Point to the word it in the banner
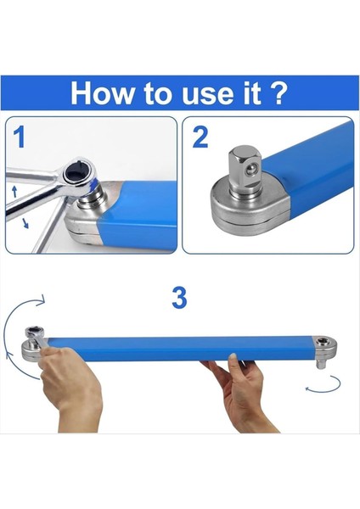247,92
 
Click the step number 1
19,137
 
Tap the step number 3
179,298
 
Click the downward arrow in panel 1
24,223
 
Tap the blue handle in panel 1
144,212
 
